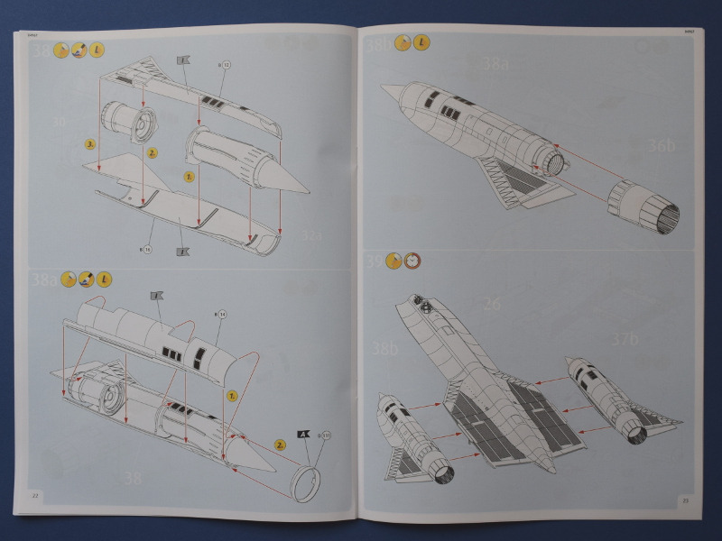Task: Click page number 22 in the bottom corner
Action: (35, 495)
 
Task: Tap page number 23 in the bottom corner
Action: (686, 500)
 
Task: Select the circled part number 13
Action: (225, 65)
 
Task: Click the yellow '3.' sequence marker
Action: (90, 143)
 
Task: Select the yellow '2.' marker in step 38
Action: (153, 153)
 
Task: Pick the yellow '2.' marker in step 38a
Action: (281, 445)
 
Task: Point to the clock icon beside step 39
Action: (412, 261)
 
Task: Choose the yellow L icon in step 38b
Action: (422, 43)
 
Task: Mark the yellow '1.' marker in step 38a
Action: (231, 395)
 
